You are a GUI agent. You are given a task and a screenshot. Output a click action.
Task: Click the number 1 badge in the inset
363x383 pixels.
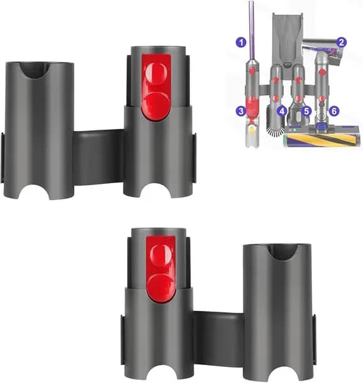click(241, 43)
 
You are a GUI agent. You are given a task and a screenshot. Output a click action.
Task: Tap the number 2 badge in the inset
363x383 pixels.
click(342, 43)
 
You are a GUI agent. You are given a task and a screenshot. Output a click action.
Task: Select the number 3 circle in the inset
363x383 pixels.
click(241, 110)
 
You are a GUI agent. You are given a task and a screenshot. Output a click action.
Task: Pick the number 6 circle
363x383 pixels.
click(334, 110)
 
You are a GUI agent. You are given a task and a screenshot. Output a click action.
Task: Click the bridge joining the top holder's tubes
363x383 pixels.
click(98, 156)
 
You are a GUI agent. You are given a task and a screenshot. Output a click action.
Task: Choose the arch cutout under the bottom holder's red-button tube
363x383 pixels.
click(158, 373)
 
